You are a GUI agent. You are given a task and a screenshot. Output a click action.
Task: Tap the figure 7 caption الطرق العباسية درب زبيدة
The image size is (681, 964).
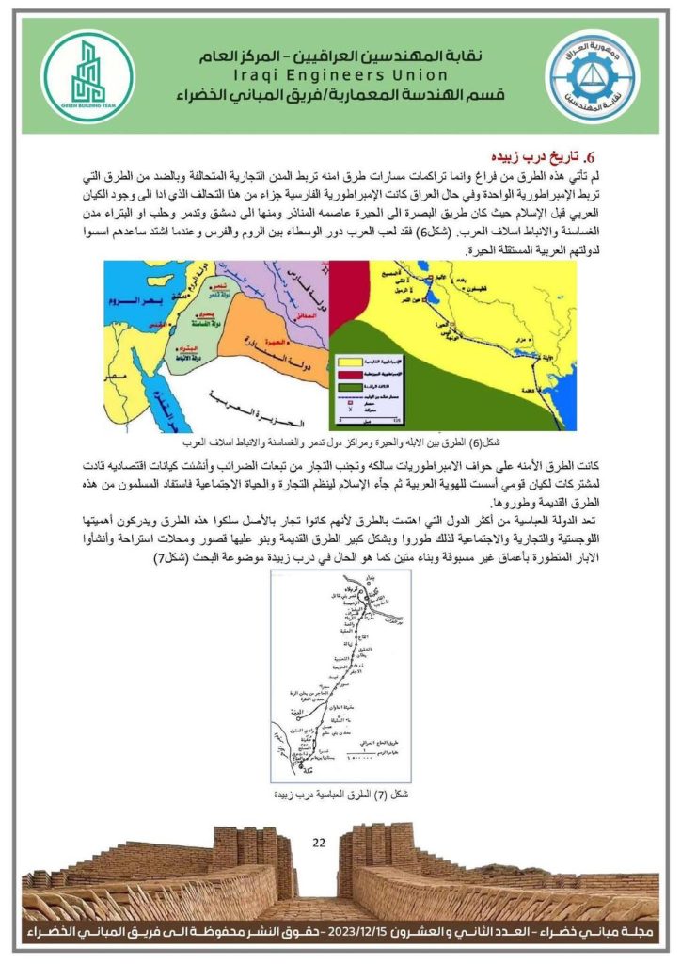click(340, 795)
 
